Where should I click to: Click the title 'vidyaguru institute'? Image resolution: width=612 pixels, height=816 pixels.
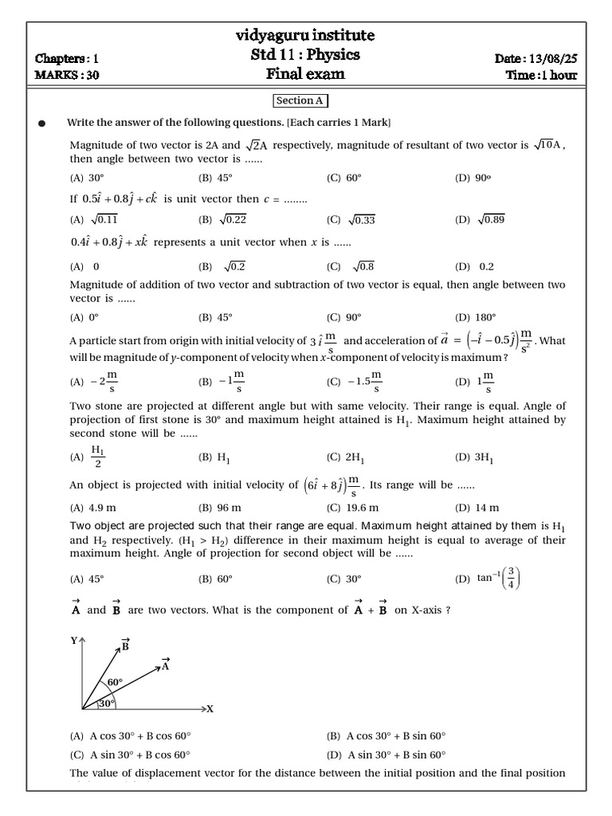pos(305,36)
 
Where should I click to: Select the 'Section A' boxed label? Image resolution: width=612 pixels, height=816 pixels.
pos(300,100)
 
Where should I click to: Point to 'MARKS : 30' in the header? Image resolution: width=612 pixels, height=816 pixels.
pos(68,76)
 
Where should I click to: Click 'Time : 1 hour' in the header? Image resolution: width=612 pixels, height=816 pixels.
pos(541,76)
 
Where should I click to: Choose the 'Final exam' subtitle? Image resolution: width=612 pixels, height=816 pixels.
pos(305,74)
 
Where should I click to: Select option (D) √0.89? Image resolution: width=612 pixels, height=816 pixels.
pos(481,220)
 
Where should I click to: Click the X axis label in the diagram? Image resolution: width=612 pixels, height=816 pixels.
pos(210,708)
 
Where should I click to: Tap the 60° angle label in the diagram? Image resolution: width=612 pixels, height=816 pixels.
pos(116,683)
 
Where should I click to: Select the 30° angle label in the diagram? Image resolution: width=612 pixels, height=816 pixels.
pos(106,704)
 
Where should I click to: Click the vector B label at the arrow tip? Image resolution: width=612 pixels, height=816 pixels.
pos(125,645)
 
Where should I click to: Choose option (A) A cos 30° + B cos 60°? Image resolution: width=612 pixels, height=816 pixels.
pos(131,736)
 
